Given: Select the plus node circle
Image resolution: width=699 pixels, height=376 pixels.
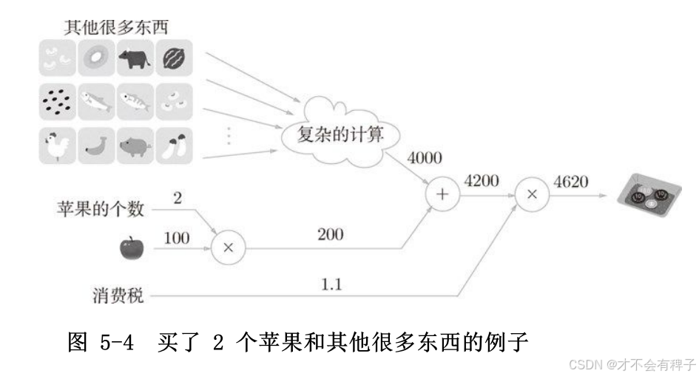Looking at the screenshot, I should point(442,194).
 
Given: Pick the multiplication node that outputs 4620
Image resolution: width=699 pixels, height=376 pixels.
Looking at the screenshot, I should point(531,194).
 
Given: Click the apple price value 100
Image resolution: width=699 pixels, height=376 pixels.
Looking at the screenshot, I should point(175,238).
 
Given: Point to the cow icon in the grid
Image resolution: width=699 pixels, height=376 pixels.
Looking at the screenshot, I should point(135,59).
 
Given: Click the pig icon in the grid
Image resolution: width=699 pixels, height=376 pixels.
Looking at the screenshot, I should point(135,146).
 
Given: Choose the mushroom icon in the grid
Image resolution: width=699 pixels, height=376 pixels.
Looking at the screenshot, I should point(174,146).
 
